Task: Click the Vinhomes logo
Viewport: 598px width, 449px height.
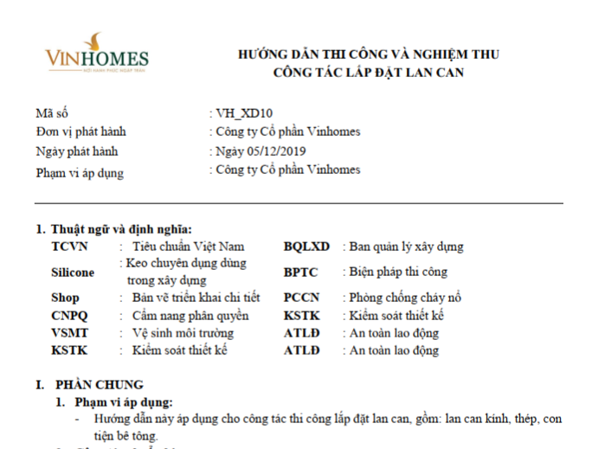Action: pos(97,55)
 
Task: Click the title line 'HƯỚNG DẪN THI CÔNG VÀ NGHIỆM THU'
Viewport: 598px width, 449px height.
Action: pos(369,55)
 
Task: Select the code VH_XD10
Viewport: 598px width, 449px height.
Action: pos(235,113)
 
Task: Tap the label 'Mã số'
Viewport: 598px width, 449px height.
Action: pos(51,113)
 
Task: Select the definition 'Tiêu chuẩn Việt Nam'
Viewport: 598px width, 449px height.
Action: pos(189,247)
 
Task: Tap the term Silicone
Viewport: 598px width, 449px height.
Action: pos(74,272)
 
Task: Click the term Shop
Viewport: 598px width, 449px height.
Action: pos(65,298)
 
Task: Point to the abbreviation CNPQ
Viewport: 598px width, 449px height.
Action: pos(69,315)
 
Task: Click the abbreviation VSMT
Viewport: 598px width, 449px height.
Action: pos(70,333)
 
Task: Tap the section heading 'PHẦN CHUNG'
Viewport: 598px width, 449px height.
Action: pos(100,385)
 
